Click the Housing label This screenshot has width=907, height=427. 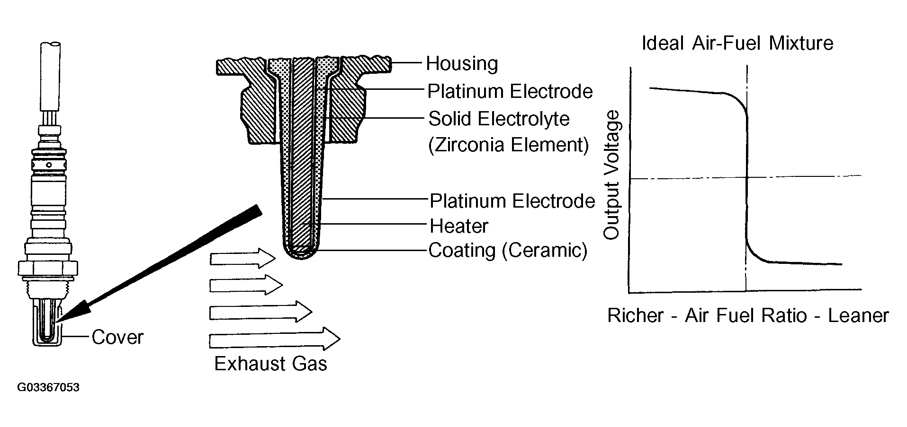pos(462,64)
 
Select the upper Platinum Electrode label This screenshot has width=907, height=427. pos(510,91)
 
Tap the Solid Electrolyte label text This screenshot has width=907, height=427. pos(499,119)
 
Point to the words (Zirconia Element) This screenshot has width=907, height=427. pos(509,144)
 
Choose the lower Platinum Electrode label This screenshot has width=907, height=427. pos(512,201)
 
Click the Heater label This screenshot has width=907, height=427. pos(458,226)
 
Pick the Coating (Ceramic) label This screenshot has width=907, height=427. pos(508,250)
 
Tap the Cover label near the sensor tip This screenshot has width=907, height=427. pos(117,337)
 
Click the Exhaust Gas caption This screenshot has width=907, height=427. pos(270,364)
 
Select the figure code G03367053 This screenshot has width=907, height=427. pos(48,388)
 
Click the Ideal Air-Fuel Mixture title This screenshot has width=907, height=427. pos(737,44)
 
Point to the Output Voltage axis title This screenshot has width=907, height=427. pos(611,175)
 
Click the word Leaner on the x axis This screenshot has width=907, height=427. pos(858,315)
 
